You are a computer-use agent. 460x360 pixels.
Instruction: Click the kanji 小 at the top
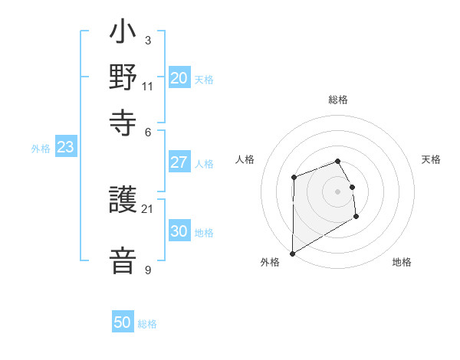pyautogui.click(x=123, y=34)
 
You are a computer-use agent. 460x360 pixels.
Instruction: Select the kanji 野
pyautogui.click(x=123, y=79)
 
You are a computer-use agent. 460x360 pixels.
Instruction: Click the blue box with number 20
pyautogui.click(x=179, y=78)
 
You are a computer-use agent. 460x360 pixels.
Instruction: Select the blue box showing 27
pyautogui.click(x=179, y=162)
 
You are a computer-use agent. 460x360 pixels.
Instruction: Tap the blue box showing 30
pyautogui.click(x=179, y=232)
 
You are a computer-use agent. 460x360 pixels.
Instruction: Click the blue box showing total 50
pyautogui.click(x=123, y=322)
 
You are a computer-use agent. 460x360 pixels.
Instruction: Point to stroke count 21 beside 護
pyautogui.click(x=147, y=208)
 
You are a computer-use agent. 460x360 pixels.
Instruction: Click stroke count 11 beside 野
pyautogui.click(x=147, y=86)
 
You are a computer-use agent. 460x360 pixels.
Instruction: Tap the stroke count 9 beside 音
pyautogui.click(x=147, y=270)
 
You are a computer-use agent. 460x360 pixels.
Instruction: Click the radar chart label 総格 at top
pyautogui.click(x=338, y=100)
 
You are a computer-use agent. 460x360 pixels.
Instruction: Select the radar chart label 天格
pyautogui.click(x=432, y=159)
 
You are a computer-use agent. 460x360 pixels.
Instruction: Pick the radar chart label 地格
pyautogui.click(x=402, y=262)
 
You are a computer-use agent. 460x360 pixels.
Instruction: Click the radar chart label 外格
pyautogui.click(x=270, y=262)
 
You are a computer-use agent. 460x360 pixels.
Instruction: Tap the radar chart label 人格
pyautogui.click(x=245, y=159)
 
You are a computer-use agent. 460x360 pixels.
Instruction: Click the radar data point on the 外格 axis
pyautogui.click(x=292, y=253)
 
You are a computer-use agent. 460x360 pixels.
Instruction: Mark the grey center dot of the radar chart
pyautogui.click(x=338, y=191)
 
